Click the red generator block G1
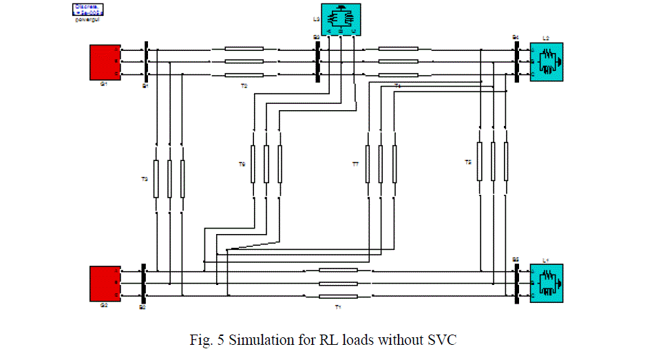click(x=104, y=62)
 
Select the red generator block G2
click(x=104, y=284)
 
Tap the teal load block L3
click(x=341, y=19)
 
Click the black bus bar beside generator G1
click(x=146, y=63)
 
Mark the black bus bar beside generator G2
click(x=142, y=283)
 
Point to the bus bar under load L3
click(x=317, y=62)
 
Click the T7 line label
click(x=355, y=165)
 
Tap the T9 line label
click(x=242, y=165)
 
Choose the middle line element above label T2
click(x=244, y=62)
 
